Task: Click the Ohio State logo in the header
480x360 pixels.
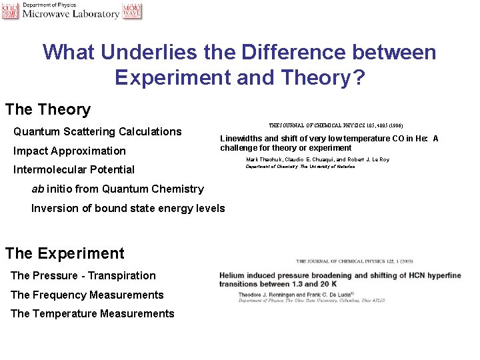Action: tap(10, 10)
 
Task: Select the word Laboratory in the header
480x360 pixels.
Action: tap(93, 14)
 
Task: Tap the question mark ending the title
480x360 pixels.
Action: tap(358, 77)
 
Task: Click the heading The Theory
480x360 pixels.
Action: tap(47, 109)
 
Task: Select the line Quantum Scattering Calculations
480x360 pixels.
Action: tap(97, 131)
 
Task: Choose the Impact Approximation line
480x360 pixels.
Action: tap(69, 151)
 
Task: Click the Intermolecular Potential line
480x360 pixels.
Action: tap(74, 169)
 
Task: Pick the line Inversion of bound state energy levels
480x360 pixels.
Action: tap(128, 208)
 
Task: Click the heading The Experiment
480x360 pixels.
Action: tap(65, 253)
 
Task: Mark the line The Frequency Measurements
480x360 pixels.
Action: tap(87, 295)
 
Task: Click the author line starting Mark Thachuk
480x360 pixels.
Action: tap(317, 159)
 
